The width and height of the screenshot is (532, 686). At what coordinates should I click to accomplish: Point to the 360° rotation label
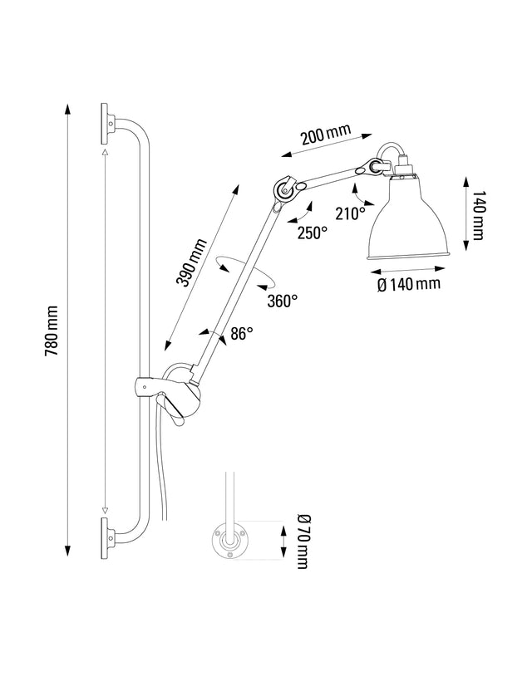click(282, 301)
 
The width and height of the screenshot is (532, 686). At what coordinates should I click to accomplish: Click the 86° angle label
click(242, 335)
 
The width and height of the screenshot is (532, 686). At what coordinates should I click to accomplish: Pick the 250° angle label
click(312, 233)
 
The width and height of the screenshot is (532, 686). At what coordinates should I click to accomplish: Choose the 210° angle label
click(350, 213)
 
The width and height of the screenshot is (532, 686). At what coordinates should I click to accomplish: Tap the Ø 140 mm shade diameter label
click(408, 285)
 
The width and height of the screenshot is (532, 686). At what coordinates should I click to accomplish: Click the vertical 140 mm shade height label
click(476, 216)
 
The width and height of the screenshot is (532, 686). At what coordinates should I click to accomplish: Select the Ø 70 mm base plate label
click(300, 541)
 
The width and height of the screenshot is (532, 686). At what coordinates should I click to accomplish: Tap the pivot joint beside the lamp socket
click(367, 168)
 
